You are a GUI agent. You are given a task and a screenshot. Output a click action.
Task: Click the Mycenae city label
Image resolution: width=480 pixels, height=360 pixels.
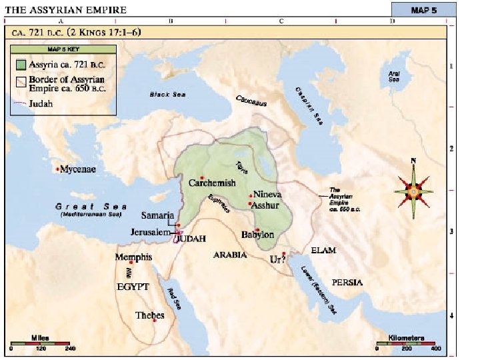[x=78, y=169]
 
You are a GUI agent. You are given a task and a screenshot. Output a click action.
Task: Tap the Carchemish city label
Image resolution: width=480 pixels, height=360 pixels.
[x=212, y=183]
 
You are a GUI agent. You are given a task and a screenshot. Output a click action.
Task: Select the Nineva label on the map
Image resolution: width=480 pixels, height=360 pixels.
[x=268, y=195]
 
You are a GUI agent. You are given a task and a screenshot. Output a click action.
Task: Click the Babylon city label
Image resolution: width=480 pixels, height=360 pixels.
[x=258, y=235]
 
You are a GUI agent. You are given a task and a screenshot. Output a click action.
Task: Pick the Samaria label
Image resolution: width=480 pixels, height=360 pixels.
[x=158, y=215]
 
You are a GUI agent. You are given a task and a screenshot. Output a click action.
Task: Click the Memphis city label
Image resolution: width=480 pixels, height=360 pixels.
[x=133, y=257]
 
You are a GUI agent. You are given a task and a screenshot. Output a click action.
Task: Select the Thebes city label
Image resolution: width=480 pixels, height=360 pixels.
[x=149, y=315]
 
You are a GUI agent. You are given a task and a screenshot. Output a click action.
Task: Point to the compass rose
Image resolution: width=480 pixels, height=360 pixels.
[x=413, y=191]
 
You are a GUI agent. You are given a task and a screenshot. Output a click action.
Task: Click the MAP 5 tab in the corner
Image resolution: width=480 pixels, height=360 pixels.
[x=417, y=10]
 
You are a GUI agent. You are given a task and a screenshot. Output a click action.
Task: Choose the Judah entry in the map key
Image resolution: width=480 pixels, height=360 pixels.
[x=41, y=103]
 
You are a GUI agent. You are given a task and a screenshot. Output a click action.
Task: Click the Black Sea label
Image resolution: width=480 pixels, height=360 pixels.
[x=167, y=95]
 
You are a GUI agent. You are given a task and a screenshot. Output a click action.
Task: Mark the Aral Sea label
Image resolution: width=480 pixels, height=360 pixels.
[x=395, y=75]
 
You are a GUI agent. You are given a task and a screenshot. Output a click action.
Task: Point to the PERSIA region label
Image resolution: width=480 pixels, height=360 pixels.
[x=348, y=283]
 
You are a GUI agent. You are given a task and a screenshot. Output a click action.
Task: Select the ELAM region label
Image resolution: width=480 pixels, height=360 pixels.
[x=323, y=251]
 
